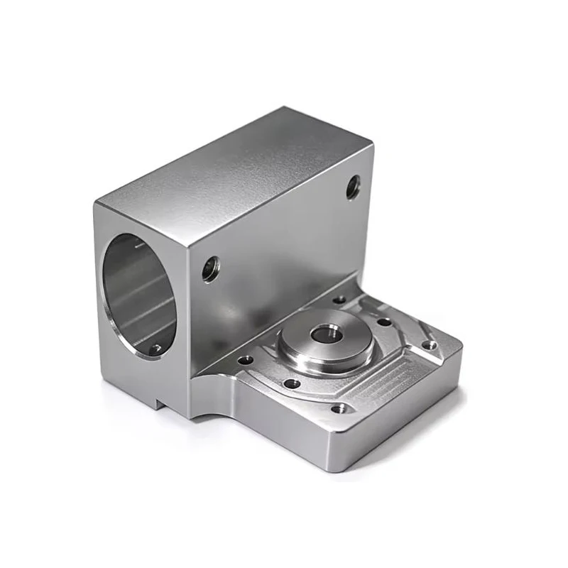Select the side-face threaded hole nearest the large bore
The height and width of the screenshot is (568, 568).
tap(211, 269)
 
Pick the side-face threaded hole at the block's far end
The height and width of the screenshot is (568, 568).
tap(353, 187)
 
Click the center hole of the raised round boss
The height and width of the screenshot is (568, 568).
tap(326, 332)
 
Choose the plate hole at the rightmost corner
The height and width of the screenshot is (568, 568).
tap(429, 345)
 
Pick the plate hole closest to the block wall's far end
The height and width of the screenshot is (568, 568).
tap(340, 300)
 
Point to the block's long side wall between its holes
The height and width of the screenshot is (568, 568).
tap(284, 234)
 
